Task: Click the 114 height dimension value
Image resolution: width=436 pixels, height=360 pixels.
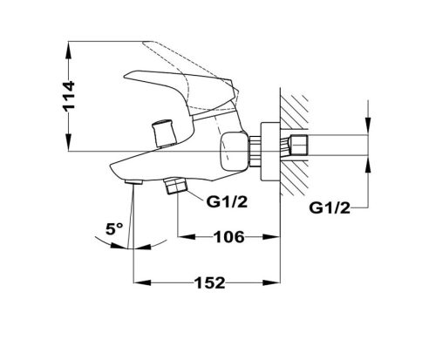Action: pos(69,96)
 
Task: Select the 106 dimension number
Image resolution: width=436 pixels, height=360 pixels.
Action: pos(229,237)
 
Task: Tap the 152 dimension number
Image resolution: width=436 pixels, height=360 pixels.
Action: pos(209,282)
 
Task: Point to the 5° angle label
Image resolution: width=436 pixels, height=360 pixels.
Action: pos(114,229)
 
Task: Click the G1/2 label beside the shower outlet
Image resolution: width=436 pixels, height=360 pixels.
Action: pos(227,201)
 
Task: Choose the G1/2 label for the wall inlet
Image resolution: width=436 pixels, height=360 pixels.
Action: pos(330,208)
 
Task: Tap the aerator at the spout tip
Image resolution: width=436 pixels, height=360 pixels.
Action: pos(133,182)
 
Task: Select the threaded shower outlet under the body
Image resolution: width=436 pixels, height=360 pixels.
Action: pos(175,186)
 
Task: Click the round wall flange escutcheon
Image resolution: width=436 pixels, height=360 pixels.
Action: pos(270,152)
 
